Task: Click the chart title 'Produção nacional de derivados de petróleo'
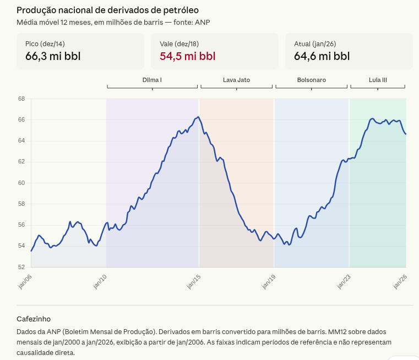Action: point(107,10)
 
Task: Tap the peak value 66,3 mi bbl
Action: point(53,56)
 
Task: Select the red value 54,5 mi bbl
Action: point(187,56)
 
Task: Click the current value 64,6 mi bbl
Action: point(322,56)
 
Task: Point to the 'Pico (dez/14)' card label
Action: point(45,43)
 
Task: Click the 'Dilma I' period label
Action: point(152,80)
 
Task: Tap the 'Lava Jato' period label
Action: point(236,80)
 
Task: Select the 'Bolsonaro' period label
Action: point(311,80)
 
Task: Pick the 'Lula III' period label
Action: point(378,80)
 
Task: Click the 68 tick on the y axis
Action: point(21,99)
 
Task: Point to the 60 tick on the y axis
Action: point(21,183)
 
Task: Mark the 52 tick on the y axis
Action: point(21,267)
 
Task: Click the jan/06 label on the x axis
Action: point(25,281)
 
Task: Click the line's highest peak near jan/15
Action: point(198,117)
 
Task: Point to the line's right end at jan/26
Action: point(406,134)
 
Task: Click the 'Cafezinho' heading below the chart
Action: point(34,319)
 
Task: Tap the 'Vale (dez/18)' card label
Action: point(179,43)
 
